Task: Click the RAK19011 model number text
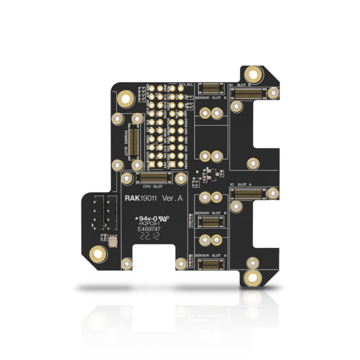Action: pos(141,198)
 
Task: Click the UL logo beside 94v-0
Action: pos(165,218)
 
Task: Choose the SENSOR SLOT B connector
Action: pos(210,220)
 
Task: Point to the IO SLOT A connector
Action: pos(248,193)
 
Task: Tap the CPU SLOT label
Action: pos(153,186)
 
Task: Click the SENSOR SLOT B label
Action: pos(211,212)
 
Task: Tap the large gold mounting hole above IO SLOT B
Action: pos(254,74)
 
